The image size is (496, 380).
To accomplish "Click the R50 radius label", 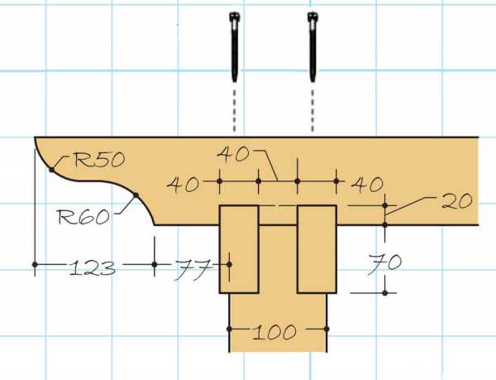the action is coord(99,160).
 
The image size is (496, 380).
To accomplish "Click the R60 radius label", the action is coord(83,217).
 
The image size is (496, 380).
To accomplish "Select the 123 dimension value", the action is coord(92,268).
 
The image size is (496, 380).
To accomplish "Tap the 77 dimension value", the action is coord(193,270).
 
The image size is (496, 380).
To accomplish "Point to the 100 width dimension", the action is coord(274,332).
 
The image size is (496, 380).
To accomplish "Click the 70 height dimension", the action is coord(384,263).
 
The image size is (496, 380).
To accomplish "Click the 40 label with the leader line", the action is coord(233,154).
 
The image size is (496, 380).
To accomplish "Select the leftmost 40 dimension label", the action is coord(184,185).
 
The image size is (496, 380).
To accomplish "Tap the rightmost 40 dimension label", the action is coord(367,184).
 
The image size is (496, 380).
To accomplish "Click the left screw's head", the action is coord(234,17).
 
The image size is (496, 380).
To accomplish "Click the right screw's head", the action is coord(312,17).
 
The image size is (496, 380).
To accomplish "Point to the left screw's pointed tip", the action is coord(235,82).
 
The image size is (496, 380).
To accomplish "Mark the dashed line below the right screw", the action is coord(312,110).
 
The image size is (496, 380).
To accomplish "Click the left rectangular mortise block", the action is coord(239,249).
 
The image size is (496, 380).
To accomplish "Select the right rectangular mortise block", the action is coord(317,249).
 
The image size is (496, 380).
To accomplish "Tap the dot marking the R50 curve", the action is coord(51,170).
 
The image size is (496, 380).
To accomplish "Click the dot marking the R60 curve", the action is coord(136,195).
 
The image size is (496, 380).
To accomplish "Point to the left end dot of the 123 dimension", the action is coord(35,264).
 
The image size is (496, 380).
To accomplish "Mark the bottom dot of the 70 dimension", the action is coord(384,293).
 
